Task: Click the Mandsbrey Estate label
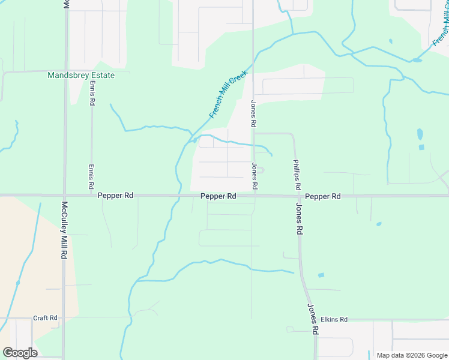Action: pos(80,76)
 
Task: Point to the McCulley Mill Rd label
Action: pos(64,230)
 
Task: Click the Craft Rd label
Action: pos(45,318)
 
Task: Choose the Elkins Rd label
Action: pos(334,320)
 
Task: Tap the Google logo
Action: pos(20,353)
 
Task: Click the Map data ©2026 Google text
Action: pos(411,355)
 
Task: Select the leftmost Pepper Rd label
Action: pos(116,196)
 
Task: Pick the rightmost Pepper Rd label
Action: pos(322,196)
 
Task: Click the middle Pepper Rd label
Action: pos(218,196)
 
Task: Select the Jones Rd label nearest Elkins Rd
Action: pos(312,319)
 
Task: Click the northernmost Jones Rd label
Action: pos(254,113)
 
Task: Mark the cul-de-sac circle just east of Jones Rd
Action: pos(261,170)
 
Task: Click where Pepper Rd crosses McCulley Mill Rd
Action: pos(64,196)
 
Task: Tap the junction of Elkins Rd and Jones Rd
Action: pos(315,320)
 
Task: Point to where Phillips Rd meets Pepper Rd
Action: pos(298,196)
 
